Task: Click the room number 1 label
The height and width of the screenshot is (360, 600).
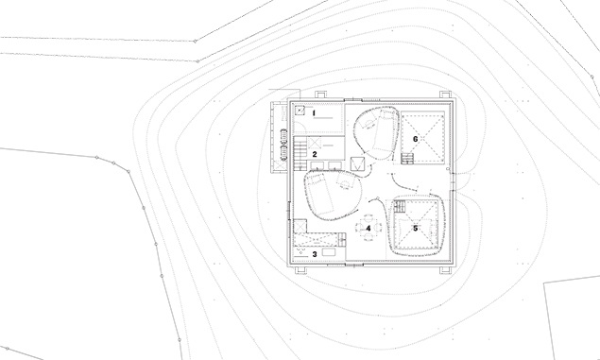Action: coord(314,112)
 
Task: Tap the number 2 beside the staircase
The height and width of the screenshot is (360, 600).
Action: coord(315,154)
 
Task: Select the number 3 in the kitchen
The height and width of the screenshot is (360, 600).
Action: coord(315,254)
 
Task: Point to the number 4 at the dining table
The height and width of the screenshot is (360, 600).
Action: coord(369,229)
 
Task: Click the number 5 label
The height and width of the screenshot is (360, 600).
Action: coord(416,229)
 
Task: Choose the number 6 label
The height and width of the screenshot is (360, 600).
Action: coord(416,139)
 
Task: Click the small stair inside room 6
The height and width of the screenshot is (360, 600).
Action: coord(407,159)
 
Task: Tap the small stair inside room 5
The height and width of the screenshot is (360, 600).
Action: coord(400,206)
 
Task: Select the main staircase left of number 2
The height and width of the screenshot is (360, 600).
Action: coord(300,154)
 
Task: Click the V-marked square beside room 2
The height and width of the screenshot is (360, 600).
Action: coord(356,164)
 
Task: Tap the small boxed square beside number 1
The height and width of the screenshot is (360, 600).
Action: coord(300,111)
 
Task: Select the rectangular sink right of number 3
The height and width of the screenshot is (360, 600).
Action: coord(329,251)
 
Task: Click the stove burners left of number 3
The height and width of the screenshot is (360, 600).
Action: coord(300,251)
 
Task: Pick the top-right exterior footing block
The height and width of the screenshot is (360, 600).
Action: coord(445,94)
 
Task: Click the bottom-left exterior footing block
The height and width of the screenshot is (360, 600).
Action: coord(300,270)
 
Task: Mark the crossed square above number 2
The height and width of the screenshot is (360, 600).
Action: coord(315,144)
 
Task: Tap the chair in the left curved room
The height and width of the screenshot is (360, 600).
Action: coord(345,183)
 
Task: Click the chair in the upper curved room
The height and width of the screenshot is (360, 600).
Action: coord(369,125)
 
